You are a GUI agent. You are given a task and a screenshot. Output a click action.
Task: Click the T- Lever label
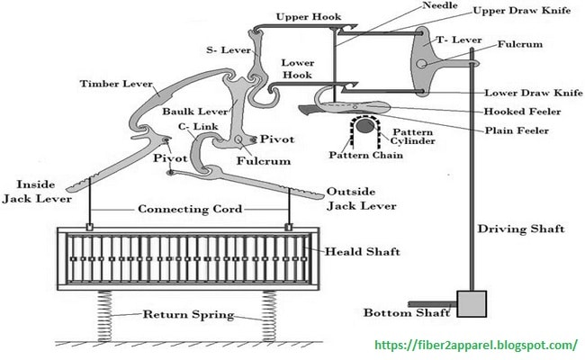[459, 40]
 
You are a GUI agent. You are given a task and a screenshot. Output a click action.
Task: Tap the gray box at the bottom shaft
[472, 304]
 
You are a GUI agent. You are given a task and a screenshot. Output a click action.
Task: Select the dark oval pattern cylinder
[364, 126]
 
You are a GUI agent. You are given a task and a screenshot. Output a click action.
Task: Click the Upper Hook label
[309, 17]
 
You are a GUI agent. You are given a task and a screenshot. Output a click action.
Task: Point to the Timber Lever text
[116, 84]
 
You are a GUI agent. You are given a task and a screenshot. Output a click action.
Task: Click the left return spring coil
[104, 316]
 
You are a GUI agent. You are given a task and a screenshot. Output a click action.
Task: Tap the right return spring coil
[269, 316]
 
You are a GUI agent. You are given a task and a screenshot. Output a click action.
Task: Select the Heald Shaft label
[363, 252]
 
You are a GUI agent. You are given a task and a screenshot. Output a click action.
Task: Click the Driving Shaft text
[521, 229]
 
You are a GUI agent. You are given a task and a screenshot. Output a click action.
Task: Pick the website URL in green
[476, 345]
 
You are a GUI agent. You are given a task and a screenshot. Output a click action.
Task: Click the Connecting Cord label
[190, 209]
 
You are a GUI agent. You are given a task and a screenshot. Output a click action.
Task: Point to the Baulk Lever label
[194, 112]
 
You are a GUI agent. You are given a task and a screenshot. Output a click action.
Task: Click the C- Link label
[198, 127]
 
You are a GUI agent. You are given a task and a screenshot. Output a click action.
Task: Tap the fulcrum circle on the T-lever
[421, 64]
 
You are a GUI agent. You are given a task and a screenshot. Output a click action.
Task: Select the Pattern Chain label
[365, 155]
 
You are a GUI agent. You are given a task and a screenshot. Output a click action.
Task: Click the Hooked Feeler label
[522, 112]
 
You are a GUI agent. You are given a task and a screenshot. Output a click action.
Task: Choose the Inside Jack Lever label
[37, 192]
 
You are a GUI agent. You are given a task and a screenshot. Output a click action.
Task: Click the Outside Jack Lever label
[361, 199]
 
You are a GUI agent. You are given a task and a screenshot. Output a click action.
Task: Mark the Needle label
[440, 5]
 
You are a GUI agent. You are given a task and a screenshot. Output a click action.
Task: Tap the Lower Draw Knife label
[534, 93]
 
